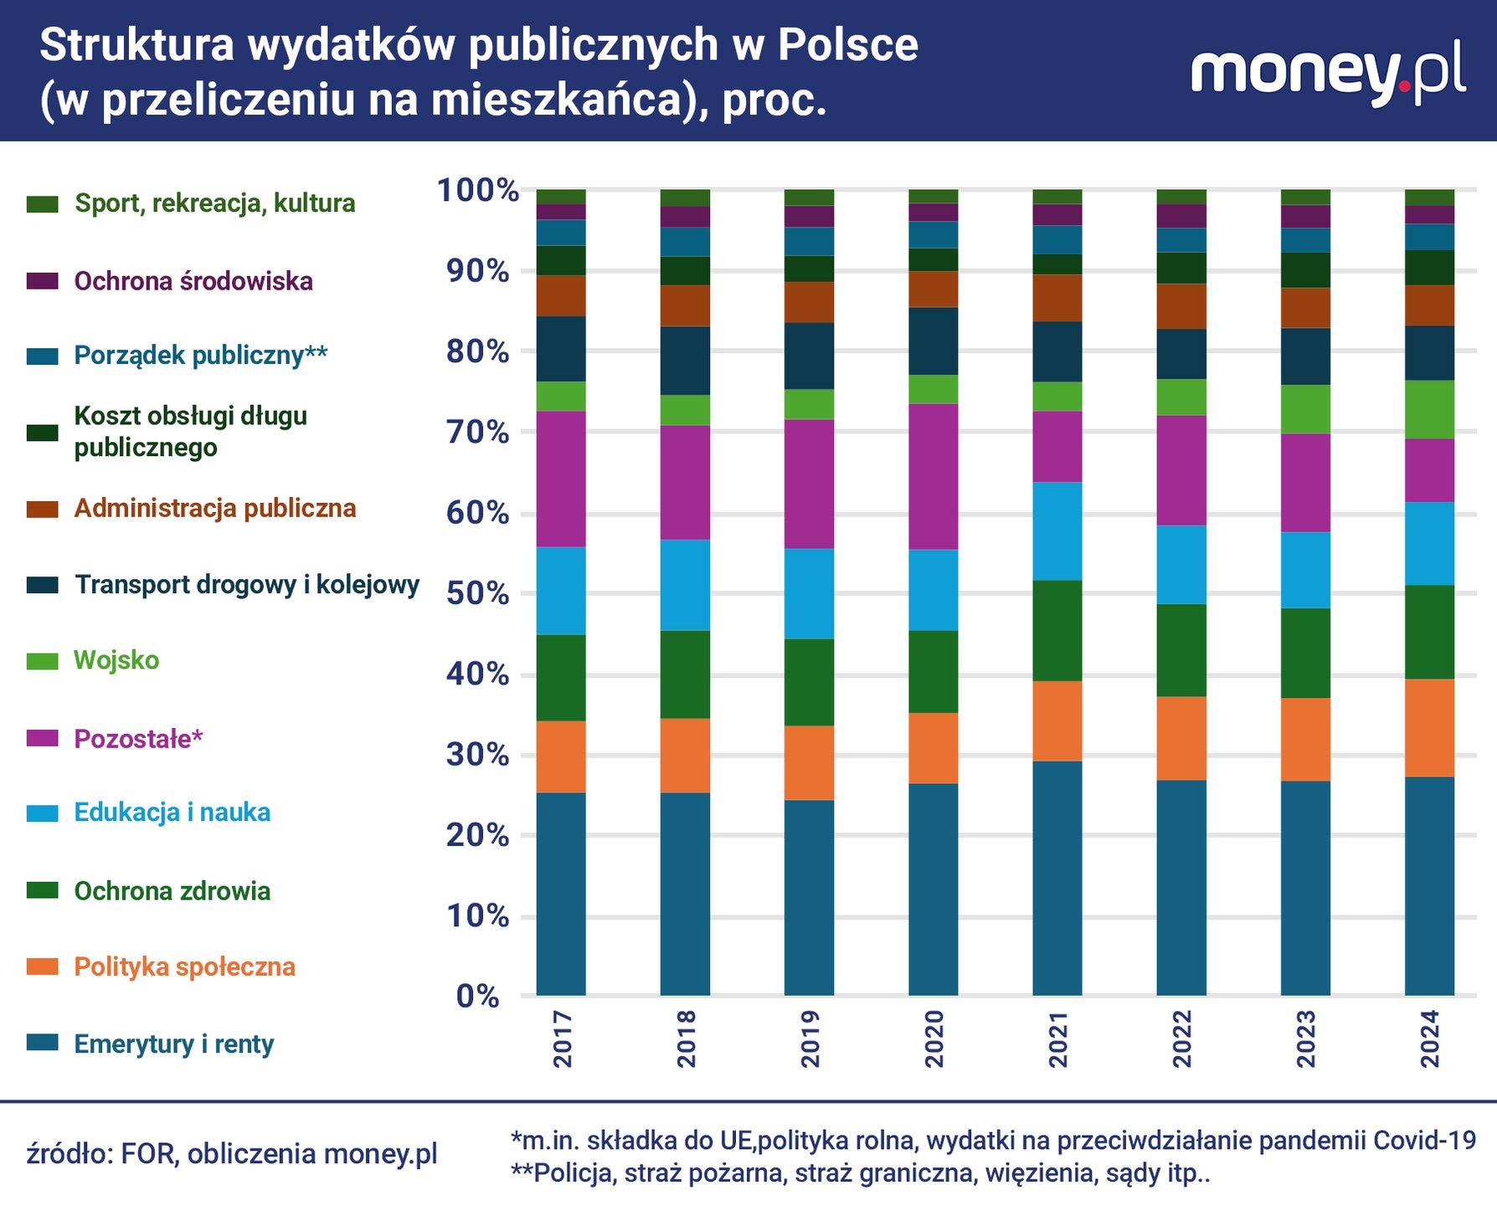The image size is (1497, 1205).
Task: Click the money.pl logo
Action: pos(1328,74)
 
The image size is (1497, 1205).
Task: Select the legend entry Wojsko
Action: pos(116,660)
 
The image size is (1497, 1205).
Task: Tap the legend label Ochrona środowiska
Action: pos(193,281)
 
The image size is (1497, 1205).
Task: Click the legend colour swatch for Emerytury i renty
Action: pos(42,1043)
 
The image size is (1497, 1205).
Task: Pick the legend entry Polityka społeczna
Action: pos(184,967)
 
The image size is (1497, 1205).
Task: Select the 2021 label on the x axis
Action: pos(1057,1038)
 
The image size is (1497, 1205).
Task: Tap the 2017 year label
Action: pos(562,1038)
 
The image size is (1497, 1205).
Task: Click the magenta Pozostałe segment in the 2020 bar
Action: pos(934,477)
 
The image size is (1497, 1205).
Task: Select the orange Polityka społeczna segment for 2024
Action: pos(1429,728)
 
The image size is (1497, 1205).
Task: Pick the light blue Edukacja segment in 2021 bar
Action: pos(1057,531)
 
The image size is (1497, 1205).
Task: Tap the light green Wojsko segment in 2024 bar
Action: pos(1429,410)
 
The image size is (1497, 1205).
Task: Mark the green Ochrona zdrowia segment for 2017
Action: pos(561,678)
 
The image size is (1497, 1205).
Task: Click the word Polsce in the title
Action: pos(847,45)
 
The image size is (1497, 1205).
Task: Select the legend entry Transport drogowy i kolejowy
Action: pos(246,585)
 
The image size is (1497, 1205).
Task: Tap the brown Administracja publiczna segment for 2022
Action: pos(1181,306)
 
